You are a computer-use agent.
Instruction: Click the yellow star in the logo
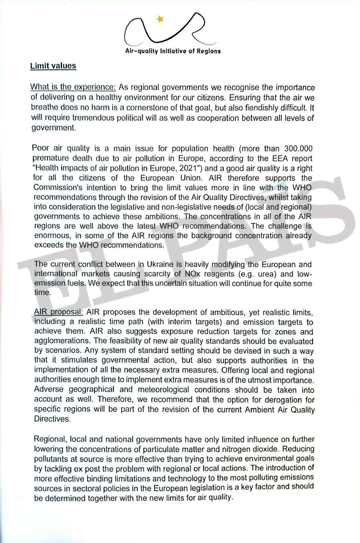pos(160,20)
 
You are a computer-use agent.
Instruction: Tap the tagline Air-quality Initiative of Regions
pos(173,51)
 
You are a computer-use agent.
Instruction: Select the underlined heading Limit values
pos(53,66)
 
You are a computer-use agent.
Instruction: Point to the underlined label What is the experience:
pos(73,87)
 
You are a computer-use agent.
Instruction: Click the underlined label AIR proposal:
pos(59,312)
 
